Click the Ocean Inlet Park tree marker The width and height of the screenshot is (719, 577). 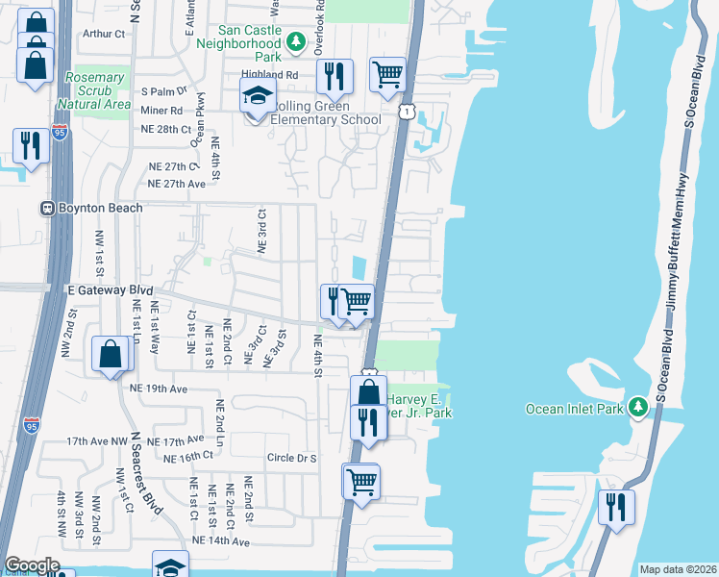(636, 408)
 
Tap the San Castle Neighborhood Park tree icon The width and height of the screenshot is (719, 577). (297, 42)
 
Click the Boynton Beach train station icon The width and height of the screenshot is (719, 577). (45, 208)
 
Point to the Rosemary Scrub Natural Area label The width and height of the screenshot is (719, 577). (94, 90)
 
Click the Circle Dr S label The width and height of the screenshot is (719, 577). (292, 458)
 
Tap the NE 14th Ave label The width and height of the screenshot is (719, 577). (221, 541)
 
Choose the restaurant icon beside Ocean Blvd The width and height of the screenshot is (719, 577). (616, 507)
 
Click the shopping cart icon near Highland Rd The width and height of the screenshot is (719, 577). (387, 74)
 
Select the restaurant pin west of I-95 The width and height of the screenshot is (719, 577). (31, 145)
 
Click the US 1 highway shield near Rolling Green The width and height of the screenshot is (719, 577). (409, 113)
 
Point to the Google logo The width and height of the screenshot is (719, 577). (32, 565)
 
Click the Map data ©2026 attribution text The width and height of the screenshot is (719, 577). (677, 569)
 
